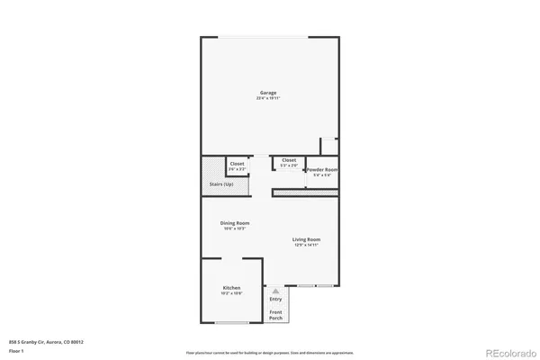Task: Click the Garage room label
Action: tap(268, 93)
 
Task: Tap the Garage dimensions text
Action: tap(268, 98)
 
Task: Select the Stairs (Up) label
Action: tap(221, 184)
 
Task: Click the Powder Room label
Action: tap(321, 169)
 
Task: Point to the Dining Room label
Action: tap(235, 223)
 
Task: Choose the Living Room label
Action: tap(306, 238)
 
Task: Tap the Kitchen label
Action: tap(231, 288)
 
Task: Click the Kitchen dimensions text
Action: tap(231, 293)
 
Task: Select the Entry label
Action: tap(275, 299)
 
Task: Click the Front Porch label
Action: tap(275, 316)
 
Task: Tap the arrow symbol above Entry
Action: tap(275, 291)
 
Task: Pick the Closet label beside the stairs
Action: tap(236, 163)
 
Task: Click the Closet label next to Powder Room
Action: tap(289, 160)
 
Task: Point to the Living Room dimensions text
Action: tap(306, 244)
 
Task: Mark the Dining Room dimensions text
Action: tap(235, 229)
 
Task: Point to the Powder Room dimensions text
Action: tap(321, 175)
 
